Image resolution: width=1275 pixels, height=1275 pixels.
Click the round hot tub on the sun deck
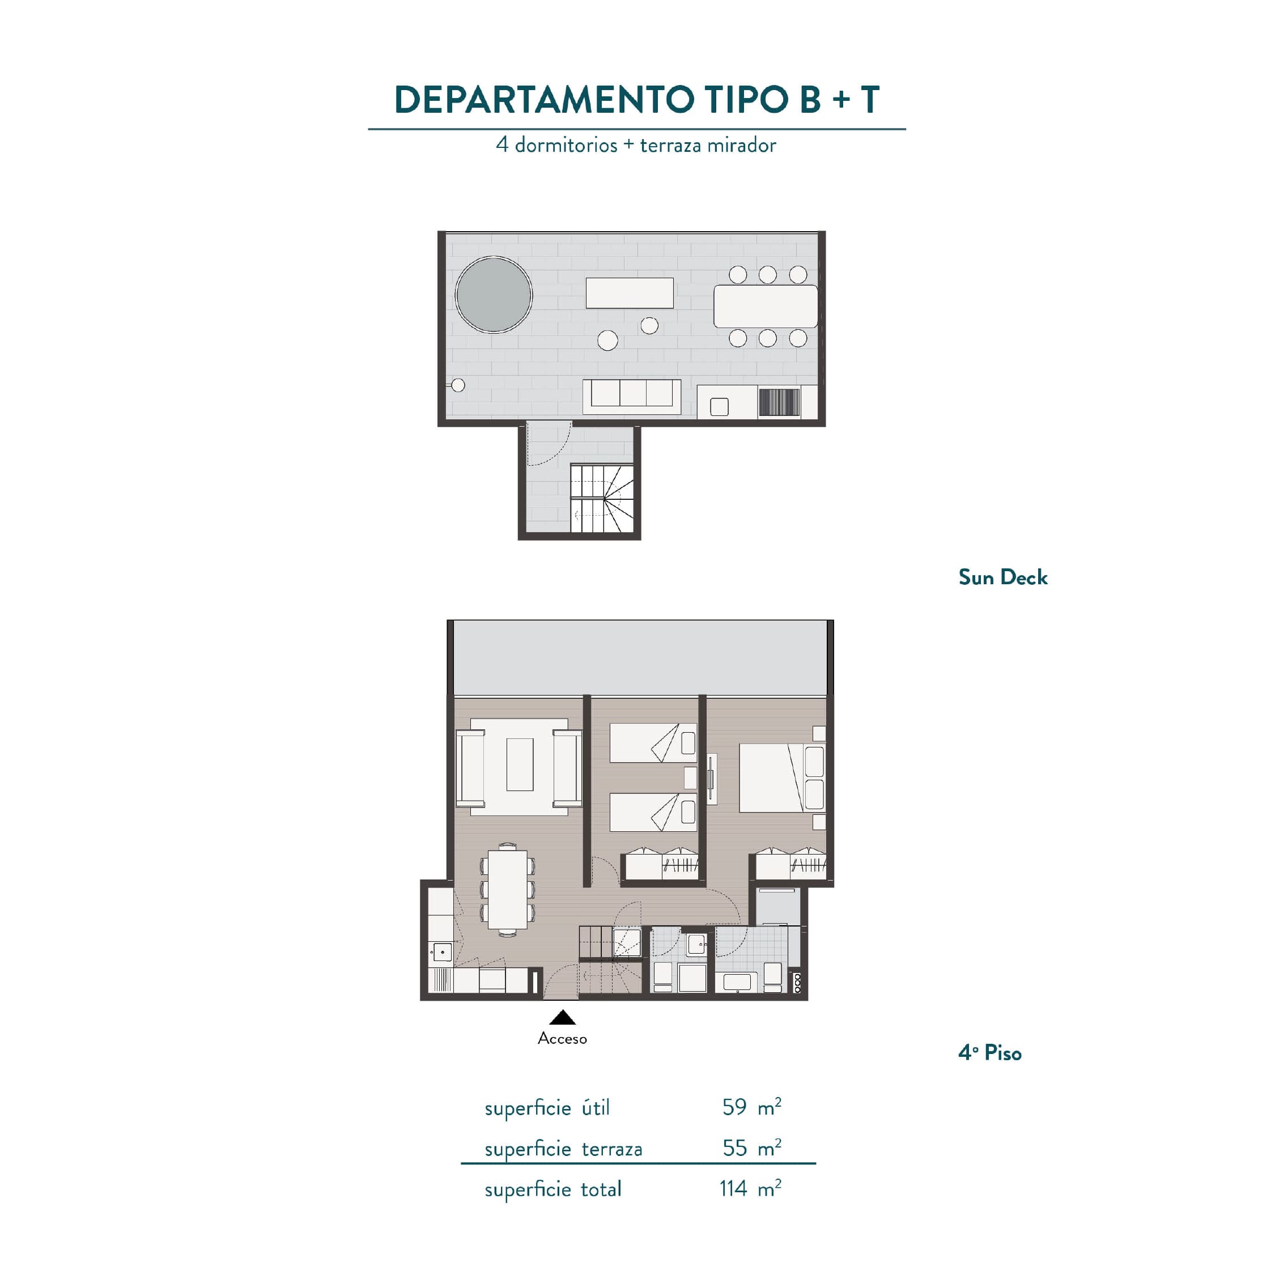(x=494, y=294)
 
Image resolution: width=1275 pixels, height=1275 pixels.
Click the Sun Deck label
(x=1002, y=577)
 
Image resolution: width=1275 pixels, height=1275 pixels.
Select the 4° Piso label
(x=989, y=1053)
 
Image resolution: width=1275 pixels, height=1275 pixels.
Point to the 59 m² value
(x=751, y=1107)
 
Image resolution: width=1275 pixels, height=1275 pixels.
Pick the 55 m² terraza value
(x=751, y=1147)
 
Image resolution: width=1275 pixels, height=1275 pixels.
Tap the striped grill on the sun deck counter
(x=779, y=402)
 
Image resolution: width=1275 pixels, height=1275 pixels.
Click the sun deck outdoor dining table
(x=766, y=306)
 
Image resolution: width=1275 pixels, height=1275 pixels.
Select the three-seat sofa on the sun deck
(x=632, y=397)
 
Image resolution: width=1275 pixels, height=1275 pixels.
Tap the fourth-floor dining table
(x=508, y=889)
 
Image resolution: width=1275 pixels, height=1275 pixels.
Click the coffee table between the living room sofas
(x=520, y=764)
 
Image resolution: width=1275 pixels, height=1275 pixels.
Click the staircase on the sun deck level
(x=602, y=498)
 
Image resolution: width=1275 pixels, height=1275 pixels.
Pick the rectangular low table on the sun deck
(x=630, y=292)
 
